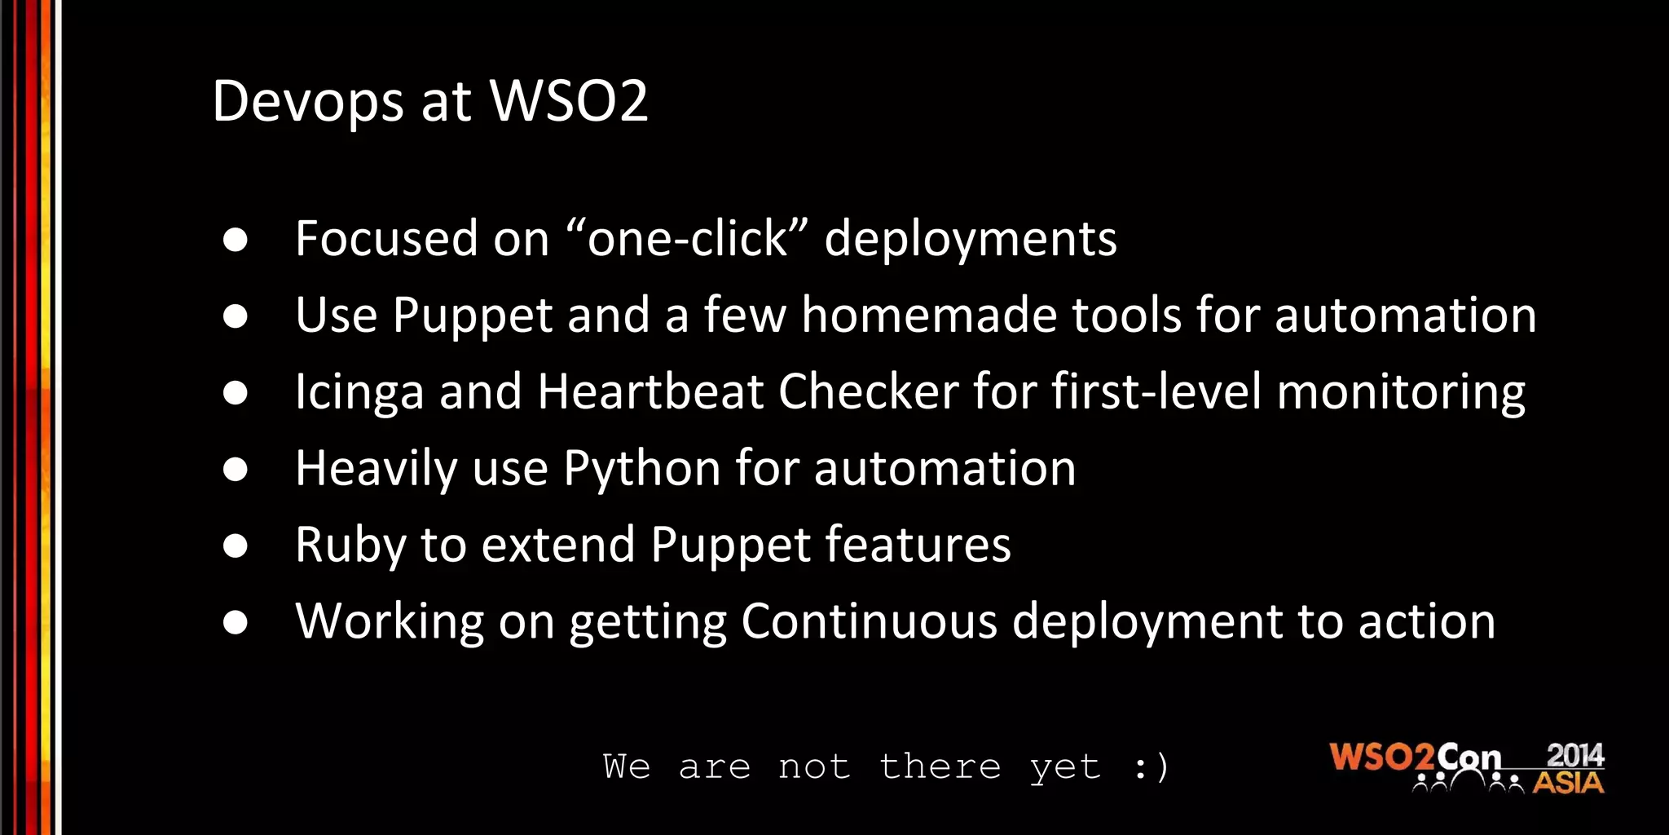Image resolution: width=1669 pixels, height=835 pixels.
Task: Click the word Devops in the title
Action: pyautogui.click(x=307, y=102)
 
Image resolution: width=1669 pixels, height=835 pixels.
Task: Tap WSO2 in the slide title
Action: pyautogui.click(x=568, y=101)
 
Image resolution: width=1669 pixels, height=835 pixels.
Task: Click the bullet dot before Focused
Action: pyautogui.click(x=236, y=240)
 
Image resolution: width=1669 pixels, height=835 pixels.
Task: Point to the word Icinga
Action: pyautogui.click(x=359, y=392)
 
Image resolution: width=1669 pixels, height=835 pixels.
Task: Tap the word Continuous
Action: pyautogui.click(x=869, y=621)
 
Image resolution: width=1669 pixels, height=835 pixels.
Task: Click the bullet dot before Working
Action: pyautogui.click(x=236, y=623)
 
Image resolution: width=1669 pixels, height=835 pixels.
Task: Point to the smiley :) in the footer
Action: pyautogui.click(x=1151, y=767)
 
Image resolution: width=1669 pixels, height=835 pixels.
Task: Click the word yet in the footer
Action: pyautogui.click(x=1065, y=767)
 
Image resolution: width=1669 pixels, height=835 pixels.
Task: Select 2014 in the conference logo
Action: pyautogui.click(x=1574, y=755)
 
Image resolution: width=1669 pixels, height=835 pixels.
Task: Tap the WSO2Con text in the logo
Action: pyautogui.click(x=1415, y=758)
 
